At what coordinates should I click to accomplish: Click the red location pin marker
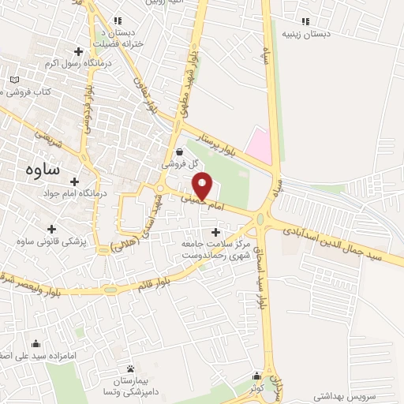(x=204, y=185)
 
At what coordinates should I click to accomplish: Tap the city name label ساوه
(x=38, y=168)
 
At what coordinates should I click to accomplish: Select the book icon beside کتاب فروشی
(x=16, y=80)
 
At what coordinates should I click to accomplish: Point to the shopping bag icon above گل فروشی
(x=181, y=152)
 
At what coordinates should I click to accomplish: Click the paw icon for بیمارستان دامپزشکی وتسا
(x=130, y=369)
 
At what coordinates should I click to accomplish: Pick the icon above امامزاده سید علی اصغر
(x=36, y=344)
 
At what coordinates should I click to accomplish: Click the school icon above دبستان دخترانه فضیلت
(x=118, y=21)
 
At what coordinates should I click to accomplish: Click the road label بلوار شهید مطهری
(x=192, y=82)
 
